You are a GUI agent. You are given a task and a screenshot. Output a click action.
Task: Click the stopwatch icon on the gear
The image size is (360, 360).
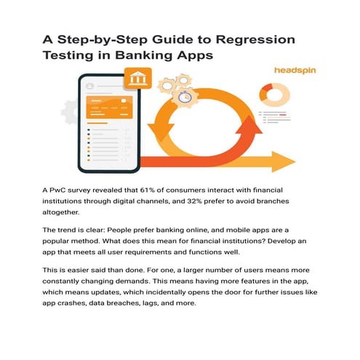pos(185,95)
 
